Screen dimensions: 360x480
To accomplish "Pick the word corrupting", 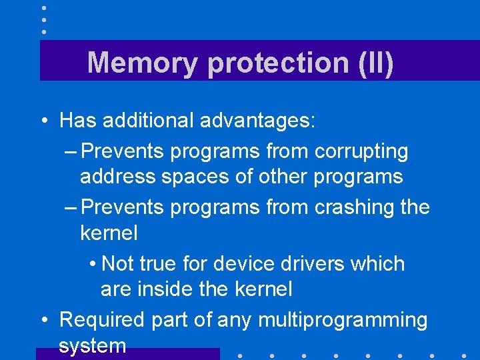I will [361, 152].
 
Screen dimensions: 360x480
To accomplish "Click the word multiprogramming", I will [342, 321].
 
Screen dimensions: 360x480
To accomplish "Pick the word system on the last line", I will [92, 345].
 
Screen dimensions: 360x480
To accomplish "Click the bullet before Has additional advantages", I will [43, 121].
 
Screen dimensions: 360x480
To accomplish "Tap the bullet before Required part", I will [43, 321].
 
